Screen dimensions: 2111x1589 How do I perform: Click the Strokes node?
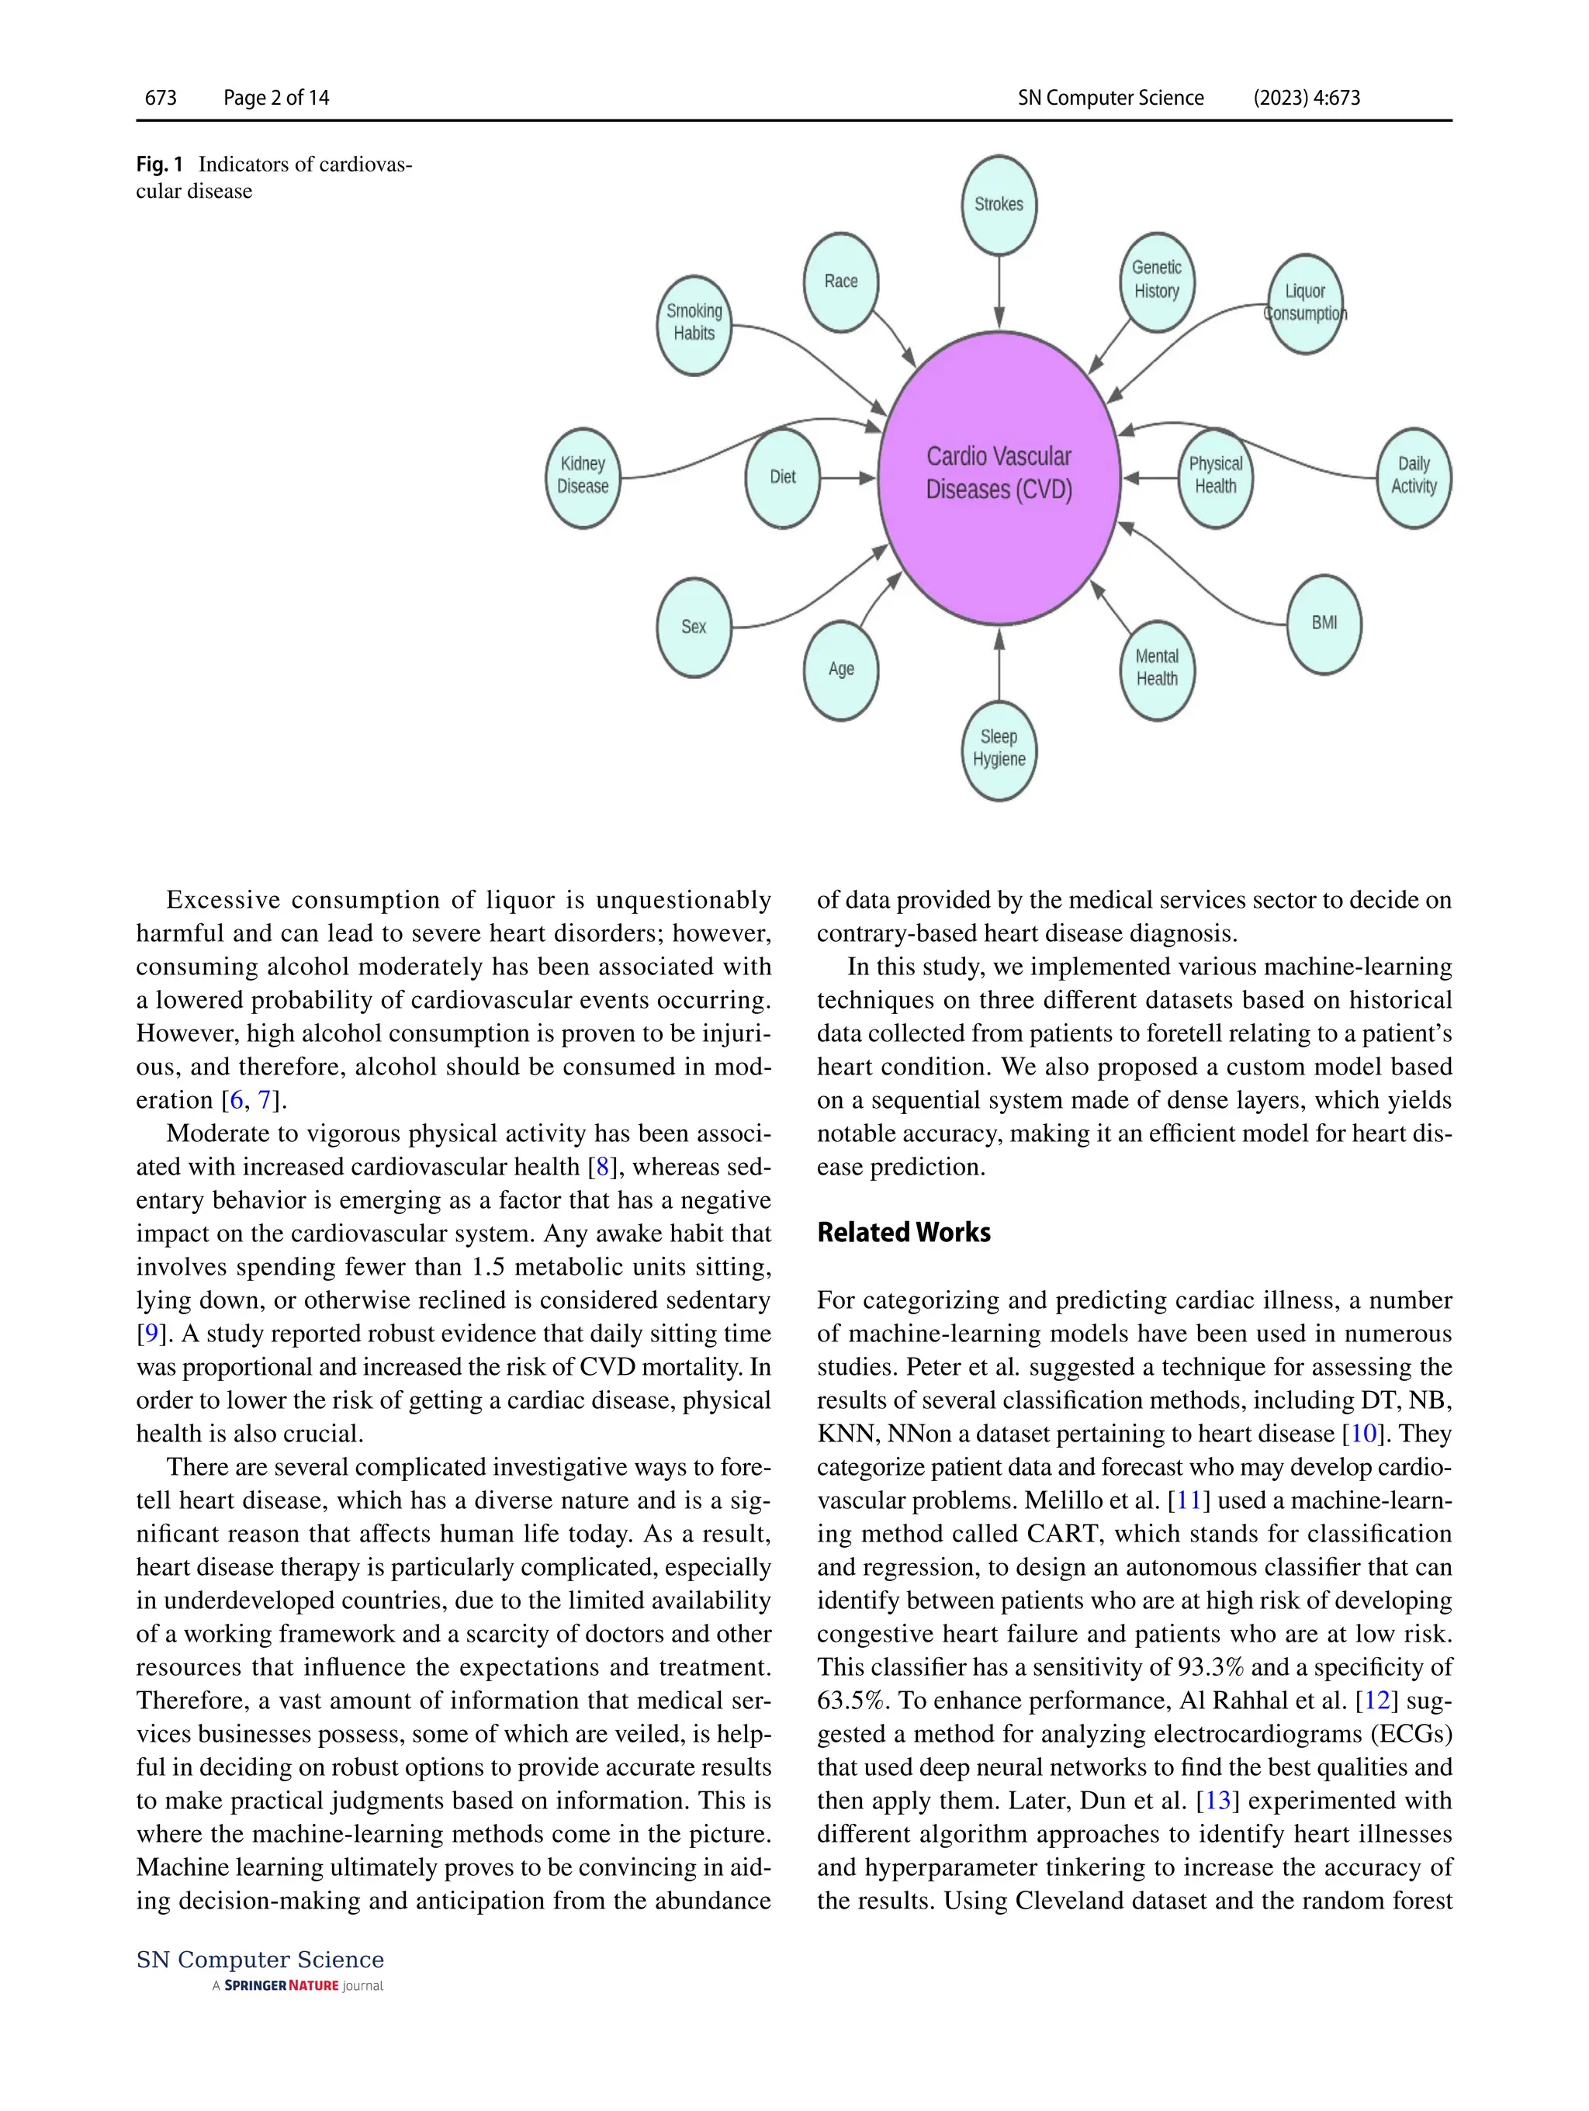pos(999,205)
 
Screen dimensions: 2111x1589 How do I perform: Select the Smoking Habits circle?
pos(694,324)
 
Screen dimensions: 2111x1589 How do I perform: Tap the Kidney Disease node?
pos(582,476)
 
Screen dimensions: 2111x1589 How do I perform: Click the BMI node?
pos(1324,623)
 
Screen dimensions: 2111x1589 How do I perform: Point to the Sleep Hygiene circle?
pos(999,749)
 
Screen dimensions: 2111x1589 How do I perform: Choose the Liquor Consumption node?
pos(1304,303)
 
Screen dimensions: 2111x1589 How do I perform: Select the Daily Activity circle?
pos(1414,476)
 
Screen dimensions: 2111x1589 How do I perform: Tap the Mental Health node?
pos(1157,669)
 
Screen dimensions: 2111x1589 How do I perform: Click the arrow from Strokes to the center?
pos(999,291)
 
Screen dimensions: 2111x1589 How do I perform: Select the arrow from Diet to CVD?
pos(847,477)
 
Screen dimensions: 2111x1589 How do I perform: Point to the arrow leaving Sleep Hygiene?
pos(999,665)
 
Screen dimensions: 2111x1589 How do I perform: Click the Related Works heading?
pos(903,1232)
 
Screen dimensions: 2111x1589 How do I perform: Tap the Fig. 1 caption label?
pos(159,164)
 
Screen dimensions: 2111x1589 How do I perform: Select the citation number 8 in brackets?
pos(602,1166)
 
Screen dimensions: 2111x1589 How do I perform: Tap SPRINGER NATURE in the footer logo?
pos(282,1986)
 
